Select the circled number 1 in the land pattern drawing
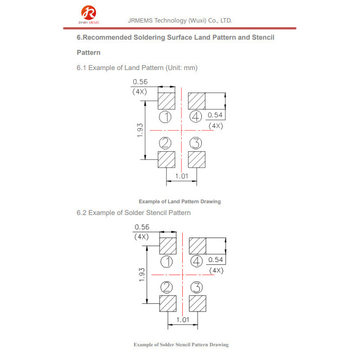[x=166, y=117]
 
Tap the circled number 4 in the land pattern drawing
[x=196, y=117]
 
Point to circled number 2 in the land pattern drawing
[x=166, y=143]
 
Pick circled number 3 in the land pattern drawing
[x=196, y=143]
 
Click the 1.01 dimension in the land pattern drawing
[x=181, y=176]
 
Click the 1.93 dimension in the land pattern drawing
[x=140, y=130]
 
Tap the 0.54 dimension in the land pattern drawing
[x=216, y=115]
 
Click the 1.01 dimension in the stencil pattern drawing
[x=183, y=319]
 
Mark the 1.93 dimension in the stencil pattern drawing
[x=142, y=275]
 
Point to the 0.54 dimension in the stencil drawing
[x=216, y=260]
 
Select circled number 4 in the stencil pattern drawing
[x=197, y=261]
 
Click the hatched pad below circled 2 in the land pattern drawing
[x=167, y=160]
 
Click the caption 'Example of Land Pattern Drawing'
[x=179, y=201]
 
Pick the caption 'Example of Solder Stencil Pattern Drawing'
[x=181, y=345]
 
